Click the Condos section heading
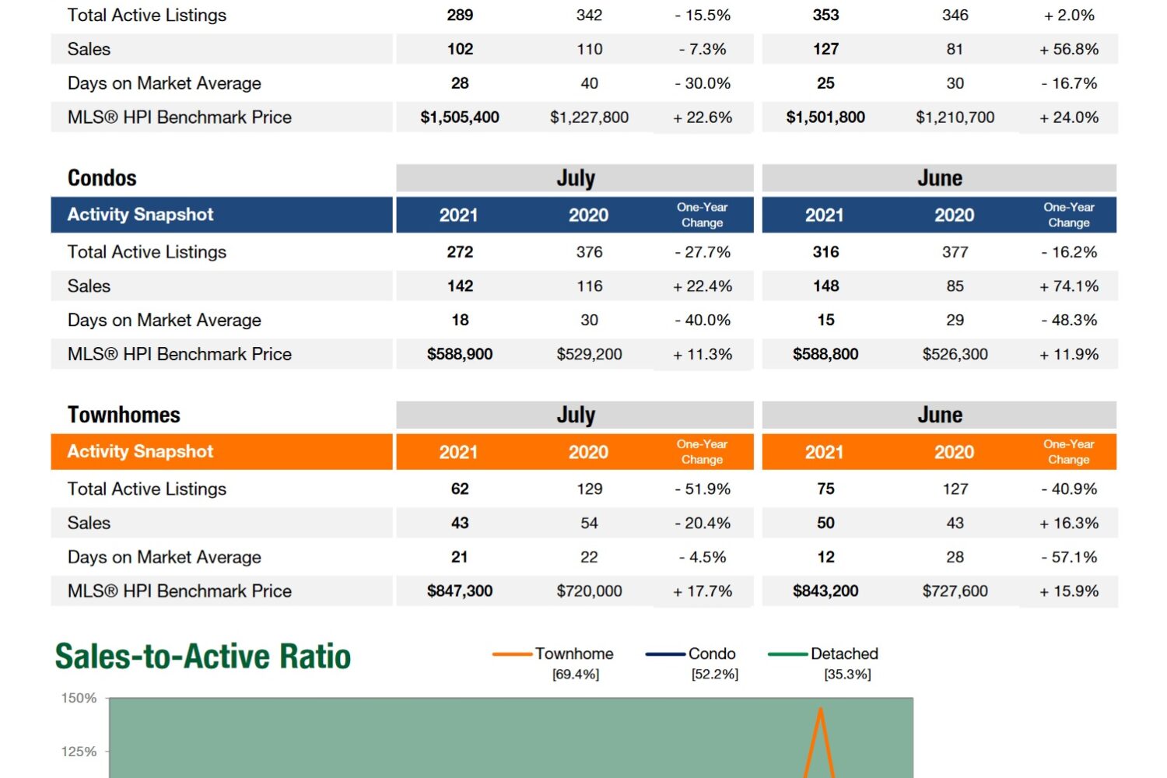(102, 178)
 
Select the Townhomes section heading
(124, 415)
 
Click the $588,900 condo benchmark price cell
(460, 355)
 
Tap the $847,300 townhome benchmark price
(460, 591)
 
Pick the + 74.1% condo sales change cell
(1069, 286)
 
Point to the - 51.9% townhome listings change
(703, 489)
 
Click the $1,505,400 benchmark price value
(460, 117)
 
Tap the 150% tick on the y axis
(79, 699)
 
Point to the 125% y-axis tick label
(79, 752)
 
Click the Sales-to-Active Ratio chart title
(203, 657)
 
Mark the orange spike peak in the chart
(820, 709)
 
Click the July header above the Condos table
(576, 178)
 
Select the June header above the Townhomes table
(940, 415)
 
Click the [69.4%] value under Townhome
(576, 675)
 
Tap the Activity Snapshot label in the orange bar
(140, 451)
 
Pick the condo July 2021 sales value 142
(460, 286)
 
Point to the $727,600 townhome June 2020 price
(955, 591)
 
